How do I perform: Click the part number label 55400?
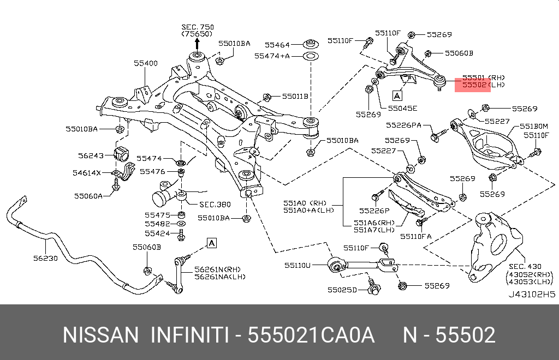tap(145, 63)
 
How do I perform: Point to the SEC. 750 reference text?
tap(198, 27)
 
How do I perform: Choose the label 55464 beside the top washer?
tap(278, 45)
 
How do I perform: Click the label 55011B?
tap(295, 97)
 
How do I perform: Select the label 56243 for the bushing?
tap(91, 155)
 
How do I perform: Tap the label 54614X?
tap(87, 173)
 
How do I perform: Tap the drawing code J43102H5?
tap(532, 293)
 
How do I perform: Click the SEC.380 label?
tap(215, 205)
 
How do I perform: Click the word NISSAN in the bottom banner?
tap(101, 335)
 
